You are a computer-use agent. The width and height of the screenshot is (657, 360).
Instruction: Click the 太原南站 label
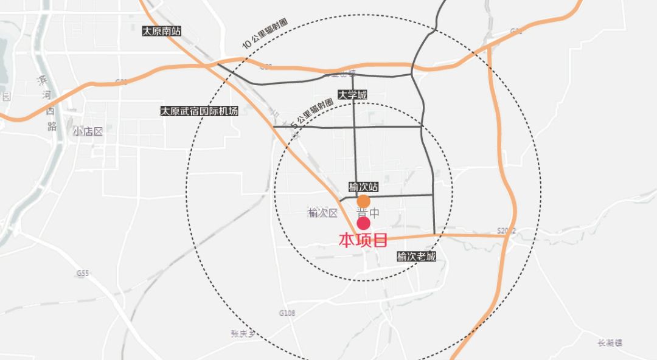pyautogui.click(x=161, y=31)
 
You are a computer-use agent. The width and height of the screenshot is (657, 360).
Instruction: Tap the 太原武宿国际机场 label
pyautogui.click(x=199, y=111)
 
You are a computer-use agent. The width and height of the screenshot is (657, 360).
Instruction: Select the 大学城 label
pyautogui.click(x=353, y=95)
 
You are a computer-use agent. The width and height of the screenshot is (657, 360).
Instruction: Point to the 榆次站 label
pyautogui.click(x=363, y=187)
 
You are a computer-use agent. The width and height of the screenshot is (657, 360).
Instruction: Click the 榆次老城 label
pyautogui.click(x=416, y=257)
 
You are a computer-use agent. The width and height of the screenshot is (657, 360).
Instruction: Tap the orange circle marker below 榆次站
pyautogui.click(x=363, y=201)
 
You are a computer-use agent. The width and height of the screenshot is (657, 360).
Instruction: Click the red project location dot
pyautogui.click(x=363, y=223)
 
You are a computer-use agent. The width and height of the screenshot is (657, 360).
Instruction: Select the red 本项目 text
pyautogui.click(x=363, y=240)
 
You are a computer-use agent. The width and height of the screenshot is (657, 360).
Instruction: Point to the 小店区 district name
pyautogui.click(x=88, y=132)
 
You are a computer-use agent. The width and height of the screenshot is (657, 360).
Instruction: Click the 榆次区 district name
pyautogui.click(x=322, y=213)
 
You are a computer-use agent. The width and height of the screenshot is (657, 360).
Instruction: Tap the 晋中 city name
pyautogui.click(x=368, y=213)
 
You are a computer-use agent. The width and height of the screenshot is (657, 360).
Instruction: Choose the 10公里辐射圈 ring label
pyautogui.click(x=265, y=34)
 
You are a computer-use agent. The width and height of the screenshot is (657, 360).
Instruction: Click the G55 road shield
pyautogui.click(x=83, y=274)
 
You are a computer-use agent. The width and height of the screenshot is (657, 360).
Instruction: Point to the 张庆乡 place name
pyautogui.click(x=243, y=333)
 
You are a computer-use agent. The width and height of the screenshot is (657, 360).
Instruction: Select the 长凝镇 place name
pyautogui.click(x=610, y=343)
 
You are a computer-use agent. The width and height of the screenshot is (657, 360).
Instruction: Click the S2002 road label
pyautogui.click(x=506, y=231)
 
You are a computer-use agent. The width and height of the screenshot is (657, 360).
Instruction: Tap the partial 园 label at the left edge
pyautogui.click(x=6, y=96)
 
